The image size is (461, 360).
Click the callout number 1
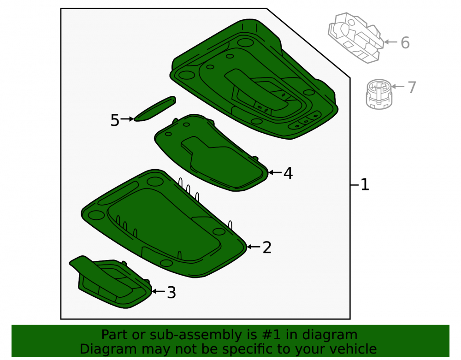365,185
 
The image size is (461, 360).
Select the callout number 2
266,248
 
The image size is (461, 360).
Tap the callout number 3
171,292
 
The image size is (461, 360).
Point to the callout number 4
288,173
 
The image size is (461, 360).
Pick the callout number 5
115,120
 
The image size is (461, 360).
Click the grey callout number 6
405,42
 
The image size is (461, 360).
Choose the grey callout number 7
412,87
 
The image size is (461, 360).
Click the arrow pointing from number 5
127,119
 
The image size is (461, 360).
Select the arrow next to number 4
275,172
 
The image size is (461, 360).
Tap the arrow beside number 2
254,247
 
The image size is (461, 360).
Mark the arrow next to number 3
159,291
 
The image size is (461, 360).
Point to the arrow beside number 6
391,42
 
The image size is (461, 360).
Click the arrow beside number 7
398,86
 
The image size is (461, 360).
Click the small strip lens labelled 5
155,109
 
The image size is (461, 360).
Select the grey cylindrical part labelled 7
379,94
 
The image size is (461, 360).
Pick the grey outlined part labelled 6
356,38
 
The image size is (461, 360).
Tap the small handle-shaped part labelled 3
111,282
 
